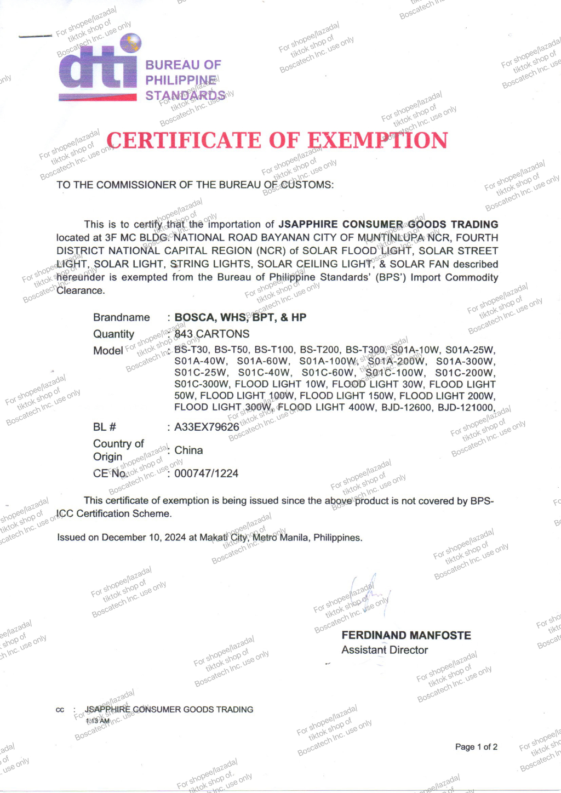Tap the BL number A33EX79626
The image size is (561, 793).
click(x=207, y=427)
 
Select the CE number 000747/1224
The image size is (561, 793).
click(x=206, y=473)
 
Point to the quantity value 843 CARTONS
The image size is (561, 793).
click(x=211, y=334)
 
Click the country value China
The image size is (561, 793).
click(x=188, y=450)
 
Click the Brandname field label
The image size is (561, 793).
click(x=121, y=317)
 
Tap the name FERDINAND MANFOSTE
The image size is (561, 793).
click(x=406, y=635)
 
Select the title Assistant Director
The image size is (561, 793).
click(x=385, y=650)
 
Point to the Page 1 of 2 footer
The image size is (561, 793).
click(x=476, y=746)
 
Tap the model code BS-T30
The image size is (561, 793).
click(x=191, y=350)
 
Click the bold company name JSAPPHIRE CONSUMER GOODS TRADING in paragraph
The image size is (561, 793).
click(x=388, y=224)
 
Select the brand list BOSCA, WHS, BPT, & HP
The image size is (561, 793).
click(x=240, y=317)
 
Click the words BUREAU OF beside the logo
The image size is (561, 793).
click(x=183, y=65)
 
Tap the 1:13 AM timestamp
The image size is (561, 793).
click(x=98, y=721)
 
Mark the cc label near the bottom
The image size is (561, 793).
click(x=60, y=710)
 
